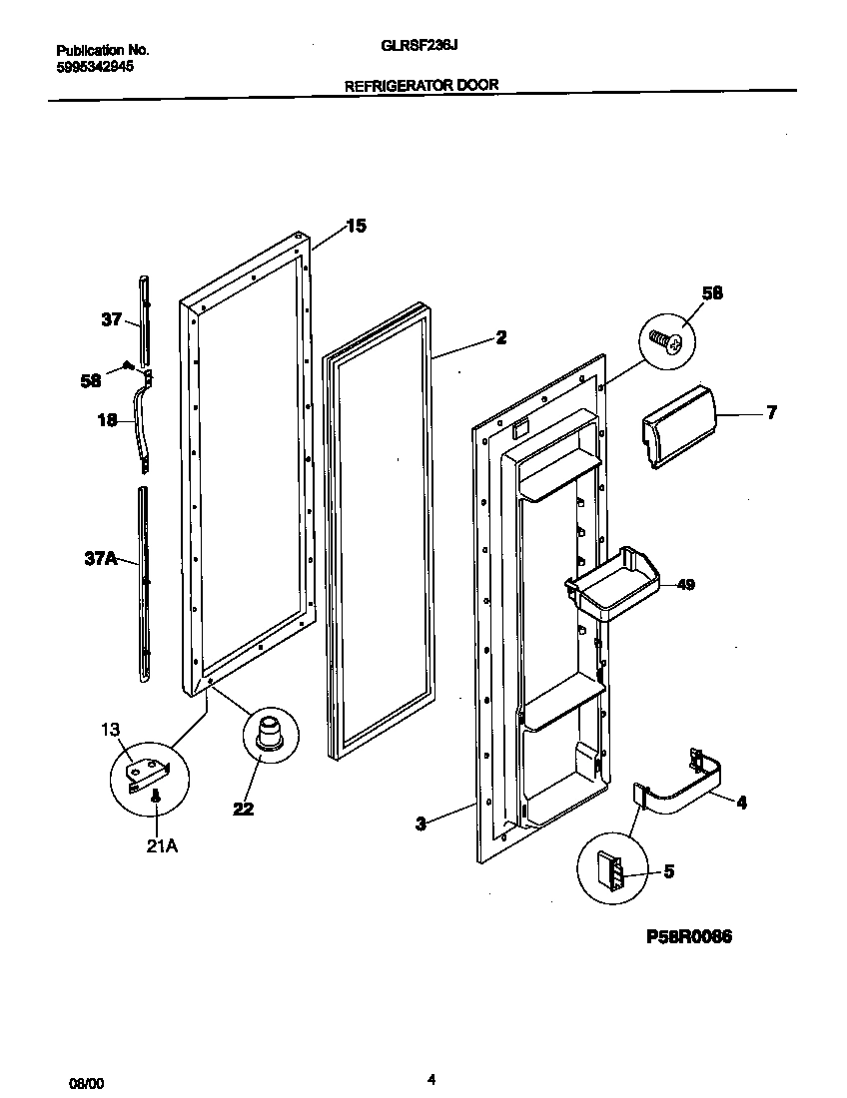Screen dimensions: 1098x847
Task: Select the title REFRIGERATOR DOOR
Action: click(x=422, y=86)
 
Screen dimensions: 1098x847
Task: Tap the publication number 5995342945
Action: click(x=95, y=67)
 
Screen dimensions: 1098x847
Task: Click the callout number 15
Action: click(x=356, y=227)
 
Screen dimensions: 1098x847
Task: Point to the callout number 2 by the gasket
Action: click(x=500, y=338)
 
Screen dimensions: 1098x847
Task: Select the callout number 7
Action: click(x=770, y=412)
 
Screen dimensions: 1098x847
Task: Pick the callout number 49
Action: click(x=685, y=585)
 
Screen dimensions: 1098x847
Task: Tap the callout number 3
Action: click(x=421, y=823)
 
